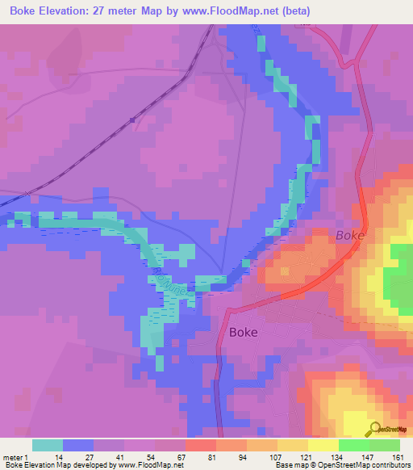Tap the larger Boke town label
pos(243,332)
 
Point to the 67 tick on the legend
pos(184,456)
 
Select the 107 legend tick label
pos(277,456)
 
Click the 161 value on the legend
pos(398,456)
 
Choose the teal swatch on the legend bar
pos(47,445)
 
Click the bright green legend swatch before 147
pos(353,445)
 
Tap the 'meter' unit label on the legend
pos(15,456)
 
